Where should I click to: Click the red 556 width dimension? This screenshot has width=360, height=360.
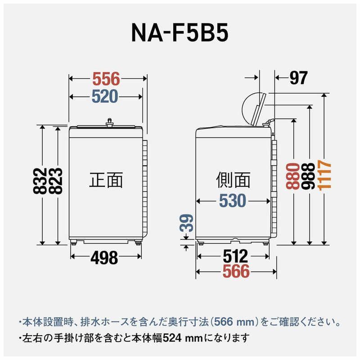coord(106,79)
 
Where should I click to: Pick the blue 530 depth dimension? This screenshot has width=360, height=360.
coord(233,201)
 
